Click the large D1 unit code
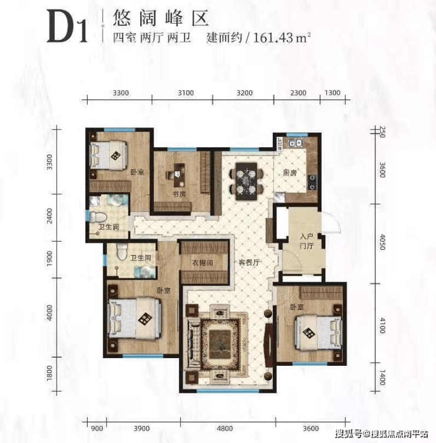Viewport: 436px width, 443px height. click(x=67, y=27)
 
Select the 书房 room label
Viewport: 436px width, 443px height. click(x=179, y=194)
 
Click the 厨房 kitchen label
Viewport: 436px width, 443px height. click(x=290, y=173)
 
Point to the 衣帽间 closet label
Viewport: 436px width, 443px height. click(x=202, y=263)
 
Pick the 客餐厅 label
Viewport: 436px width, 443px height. click(x=249, y=263)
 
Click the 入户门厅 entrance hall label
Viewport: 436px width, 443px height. click(x=306, y=241)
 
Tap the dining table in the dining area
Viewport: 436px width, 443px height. click(x=246, y=181)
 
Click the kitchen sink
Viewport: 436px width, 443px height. click(x=295, y=143)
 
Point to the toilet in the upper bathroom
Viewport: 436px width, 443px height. click(x=98, y=217)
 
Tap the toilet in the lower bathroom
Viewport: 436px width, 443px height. click(x=122, y=252)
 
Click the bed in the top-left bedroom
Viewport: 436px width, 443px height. click(x=108, y=156)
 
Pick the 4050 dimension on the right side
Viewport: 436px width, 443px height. click(x=382, y=242)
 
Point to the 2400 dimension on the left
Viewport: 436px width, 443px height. click(x=50, y=216)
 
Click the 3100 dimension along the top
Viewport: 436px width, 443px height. click(x=186, y=92)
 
